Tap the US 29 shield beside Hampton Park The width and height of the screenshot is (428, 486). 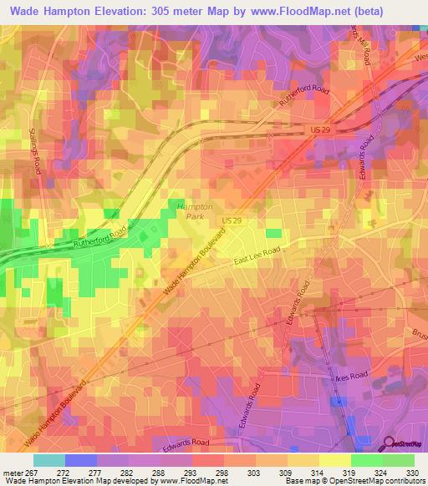pos(232,219)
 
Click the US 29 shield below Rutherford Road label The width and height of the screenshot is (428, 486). pos(315,132)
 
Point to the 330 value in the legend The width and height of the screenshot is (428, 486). pos(409,472)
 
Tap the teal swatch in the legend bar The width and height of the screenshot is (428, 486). pos(49,460)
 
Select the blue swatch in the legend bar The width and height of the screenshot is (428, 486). pos(81,460)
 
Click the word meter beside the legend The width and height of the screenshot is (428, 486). pos(13,472)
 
